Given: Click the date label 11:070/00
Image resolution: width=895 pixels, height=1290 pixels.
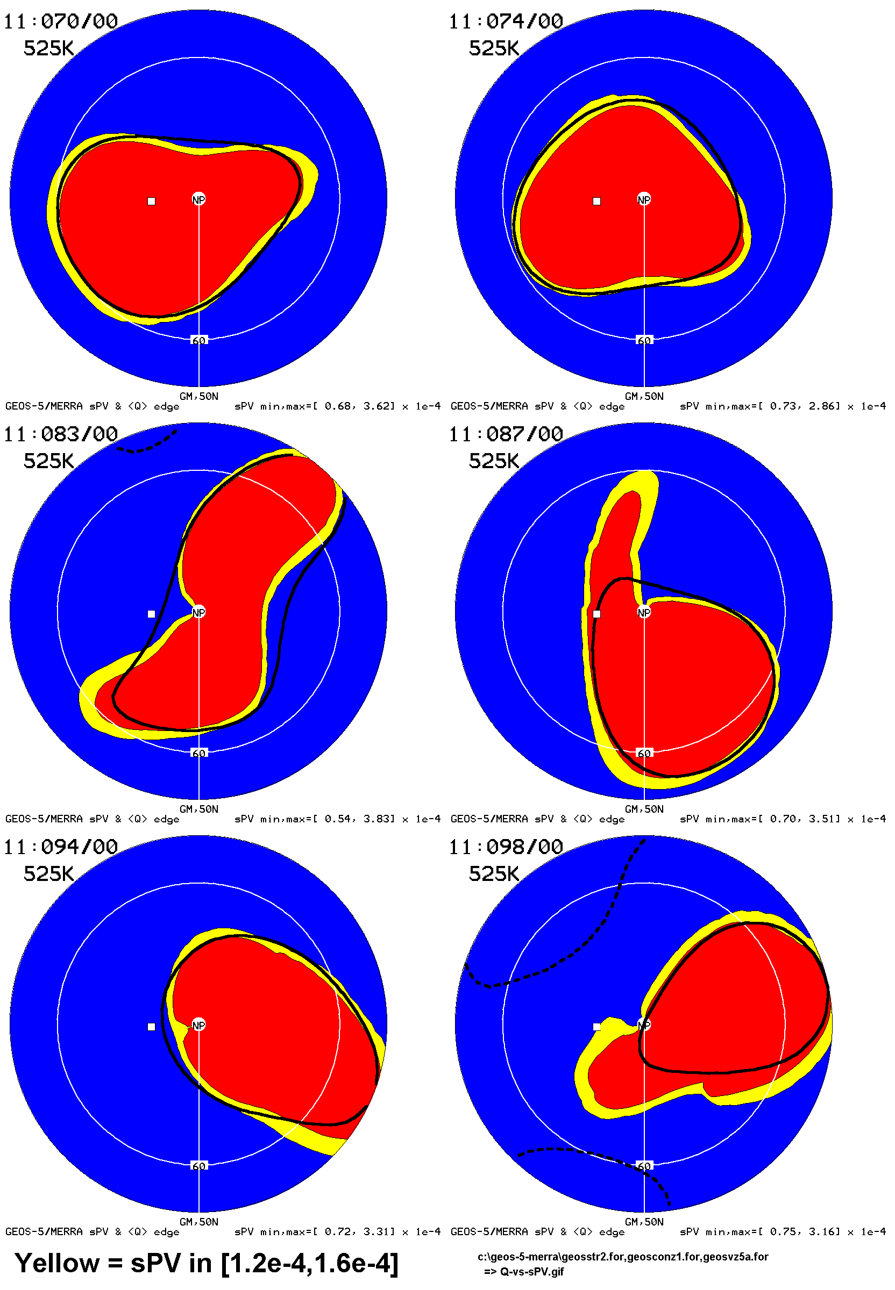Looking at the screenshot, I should point(61,21).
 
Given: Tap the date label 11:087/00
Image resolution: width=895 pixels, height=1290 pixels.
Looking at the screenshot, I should point(506,434).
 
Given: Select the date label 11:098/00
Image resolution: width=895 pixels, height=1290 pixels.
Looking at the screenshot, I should point(506,847).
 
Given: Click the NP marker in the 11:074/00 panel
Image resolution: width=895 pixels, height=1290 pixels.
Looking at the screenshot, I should point(644,199).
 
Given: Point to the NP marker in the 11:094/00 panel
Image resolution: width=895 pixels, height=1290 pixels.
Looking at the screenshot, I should point(198,1026).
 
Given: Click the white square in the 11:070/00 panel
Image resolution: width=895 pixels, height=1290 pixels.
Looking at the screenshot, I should point(152,201).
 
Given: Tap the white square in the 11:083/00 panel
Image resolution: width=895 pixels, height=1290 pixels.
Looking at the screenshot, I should point(152,614).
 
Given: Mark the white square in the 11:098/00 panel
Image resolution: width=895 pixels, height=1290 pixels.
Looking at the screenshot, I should point(596,1027).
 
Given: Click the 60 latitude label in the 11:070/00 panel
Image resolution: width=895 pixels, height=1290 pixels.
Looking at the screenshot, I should point(198,340).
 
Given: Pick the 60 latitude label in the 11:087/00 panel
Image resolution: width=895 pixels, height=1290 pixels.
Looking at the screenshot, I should point(644,753).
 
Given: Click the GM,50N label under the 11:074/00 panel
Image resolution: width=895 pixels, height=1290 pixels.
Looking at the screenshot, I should point(644,396).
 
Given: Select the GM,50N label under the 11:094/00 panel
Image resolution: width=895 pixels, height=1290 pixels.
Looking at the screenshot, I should point(198,1222).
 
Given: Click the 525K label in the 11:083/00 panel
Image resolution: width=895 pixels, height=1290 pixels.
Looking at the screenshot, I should point(48,461).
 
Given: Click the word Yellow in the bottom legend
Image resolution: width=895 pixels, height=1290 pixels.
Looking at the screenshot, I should point(56,1263).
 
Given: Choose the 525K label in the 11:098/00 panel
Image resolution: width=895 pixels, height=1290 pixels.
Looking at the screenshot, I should point(493,873).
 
